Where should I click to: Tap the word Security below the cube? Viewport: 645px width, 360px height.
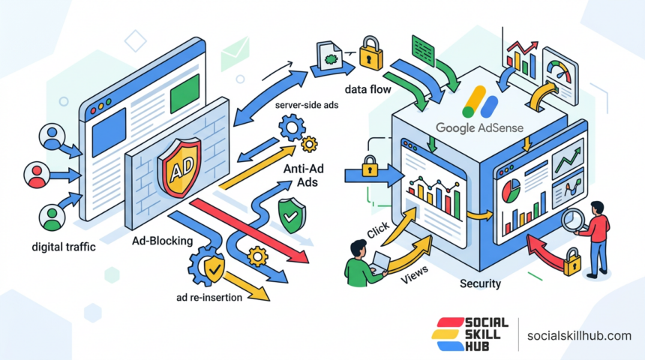[x=480, y=284]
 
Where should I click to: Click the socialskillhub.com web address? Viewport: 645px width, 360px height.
[x=580, y=335]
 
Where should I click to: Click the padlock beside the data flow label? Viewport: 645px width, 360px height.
[x=369, y=54]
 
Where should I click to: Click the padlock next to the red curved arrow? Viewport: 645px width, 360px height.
[x=573, y=262]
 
